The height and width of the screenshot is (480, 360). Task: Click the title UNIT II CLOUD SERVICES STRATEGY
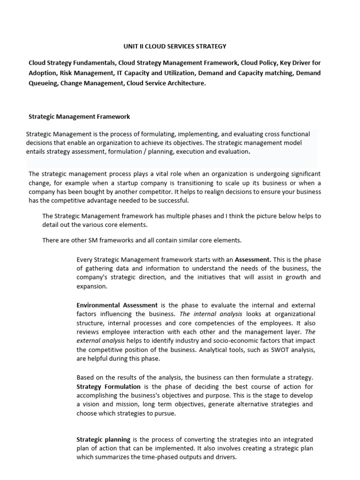click(174, 46)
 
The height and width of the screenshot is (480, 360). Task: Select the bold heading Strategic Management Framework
click(79, 116)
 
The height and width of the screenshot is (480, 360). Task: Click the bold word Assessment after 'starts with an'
click(253, 259)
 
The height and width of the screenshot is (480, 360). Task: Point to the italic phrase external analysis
click(100, 341)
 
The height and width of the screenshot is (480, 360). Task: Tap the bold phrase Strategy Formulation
click(108, 387)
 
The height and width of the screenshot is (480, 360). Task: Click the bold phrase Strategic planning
click(104, 440)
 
